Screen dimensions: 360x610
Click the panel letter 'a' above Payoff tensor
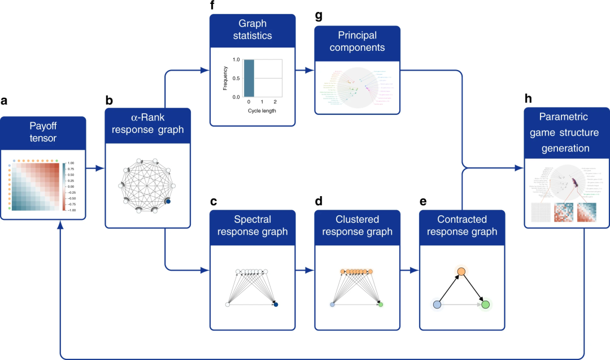[x=5, y=102]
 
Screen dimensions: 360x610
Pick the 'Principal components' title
[x=358, y=42]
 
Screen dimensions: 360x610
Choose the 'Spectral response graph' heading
[x=252, y=225]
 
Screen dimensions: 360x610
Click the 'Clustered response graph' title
[x=358, y=225]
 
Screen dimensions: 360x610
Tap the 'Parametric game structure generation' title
[x=567, y=133]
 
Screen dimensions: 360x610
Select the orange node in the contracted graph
[x=461, y=272]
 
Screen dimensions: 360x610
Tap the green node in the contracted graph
[x=485, y=305]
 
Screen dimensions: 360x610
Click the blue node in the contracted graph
[x=437, y=305]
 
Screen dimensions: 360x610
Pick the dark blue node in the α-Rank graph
[x=168, y=201]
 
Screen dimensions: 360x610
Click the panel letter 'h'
[x=528, y=98]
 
